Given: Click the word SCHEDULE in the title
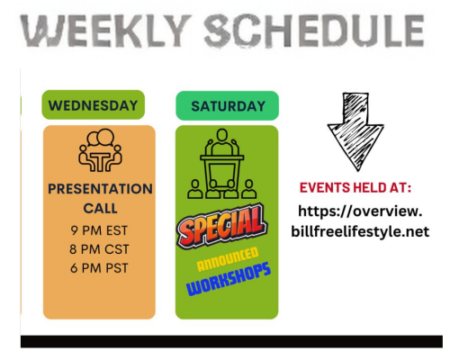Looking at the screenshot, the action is click(314, 31).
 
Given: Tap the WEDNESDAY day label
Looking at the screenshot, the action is click(93, 105).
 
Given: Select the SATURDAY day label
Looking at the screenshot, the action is click(228, 106).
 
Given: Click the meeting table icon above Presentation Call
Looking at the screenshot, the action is click(100, 150).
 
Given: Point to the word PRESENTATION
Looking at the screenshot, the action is click(100, 189).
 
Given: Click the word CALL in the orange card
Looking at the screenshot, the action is click(100, 209).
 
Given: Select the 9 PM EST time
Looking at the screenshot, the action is click(99, 230).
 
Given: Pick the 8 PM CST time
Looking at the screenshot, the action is click(99, 249).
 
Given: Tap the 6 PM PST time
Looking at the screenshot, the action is click(99, 268).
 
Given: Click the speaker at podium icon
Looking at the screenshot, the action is click(222, 164).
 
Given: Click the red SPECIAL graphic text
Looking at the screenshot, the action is click(222, 226).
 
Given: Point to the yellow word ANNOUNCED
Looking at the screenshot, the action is click(228, 259).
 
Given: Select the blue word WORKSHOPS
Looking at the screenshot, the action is click(229, 279).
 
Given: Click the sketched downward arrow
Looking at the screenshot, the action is click(355, 132).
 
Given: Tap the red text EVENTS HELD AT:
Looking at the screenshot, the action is click(355, 188).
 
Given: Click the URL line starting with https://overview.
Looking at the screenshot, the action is click(360, 211).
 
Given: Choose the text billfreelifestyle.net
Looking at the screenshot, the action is click(360, 231).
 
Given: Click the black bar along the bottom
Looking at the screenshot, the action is click(231, 342).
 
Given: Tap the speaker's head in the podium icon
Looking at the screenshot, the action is click(222, 135).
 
